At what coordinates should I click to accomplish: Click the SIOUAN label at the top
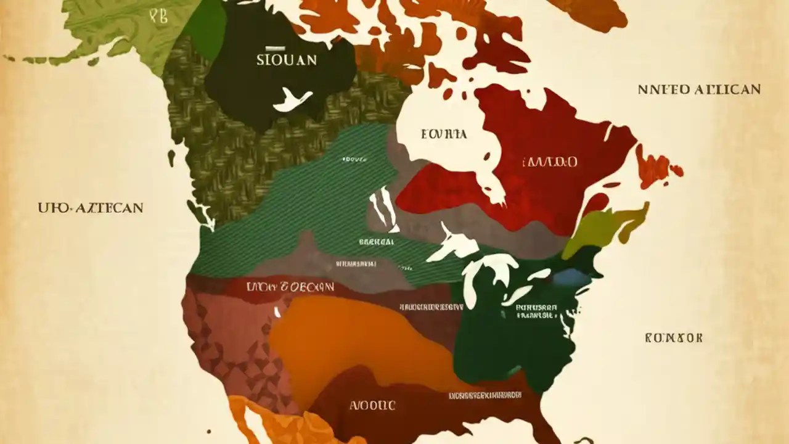tap(287, 60)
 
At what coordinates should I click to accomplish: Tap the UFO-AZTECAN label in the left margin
tap(91, 208)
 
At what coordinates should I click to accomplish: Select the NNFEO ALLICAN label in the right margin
tap(699, 89)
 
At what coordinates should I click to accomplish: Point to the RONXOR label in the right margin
tap(674, 338)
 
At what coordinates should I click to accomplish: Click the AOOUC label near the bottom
tap(372, 405)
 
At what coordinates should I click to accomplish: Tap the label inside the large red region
tap(550, 162)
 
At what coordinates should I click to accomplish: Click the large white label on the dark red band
tap(290, 287)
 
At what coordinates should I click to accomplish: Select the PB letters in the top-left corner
tap(158, 17)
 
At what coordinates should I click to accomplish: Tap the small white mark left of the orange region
tap(277, 313)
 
